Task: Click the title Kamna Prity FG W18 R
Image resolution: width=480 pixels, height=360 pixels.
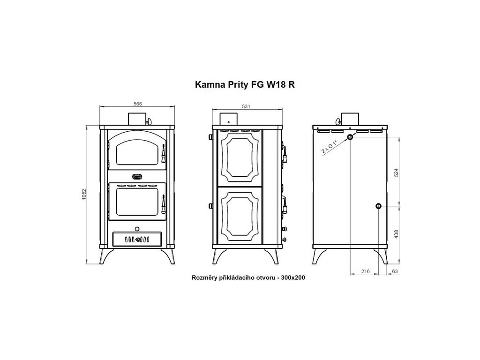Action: [x=245, y=84]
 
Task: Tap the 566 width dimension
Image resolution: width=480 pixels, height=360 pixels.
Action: [x=138, y=104]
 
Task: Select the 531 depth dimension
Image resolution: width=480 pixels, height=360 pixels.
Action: [x=246, y=106]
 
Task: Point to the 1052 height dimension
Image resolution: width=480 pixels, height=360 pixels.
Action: [x=84, y=195]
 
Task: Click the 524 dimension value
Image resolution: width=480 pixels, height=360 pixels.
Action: [x=397, y=172]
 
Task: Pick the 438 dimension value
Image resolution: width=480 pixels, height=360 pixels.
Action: [x=397, y=234]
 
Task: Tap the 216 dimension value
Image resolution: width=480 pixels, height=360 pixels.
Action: [x=365, y=271]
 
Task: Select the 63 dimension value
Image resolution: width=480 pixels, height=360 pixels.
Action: [x=395, y=271]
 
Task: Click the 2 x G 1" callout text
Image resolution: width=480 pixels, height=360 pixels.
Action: [x=330, y=147]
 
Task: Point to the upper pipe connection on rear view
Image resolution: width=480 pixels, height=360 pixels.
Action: [x=350, y=137]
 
